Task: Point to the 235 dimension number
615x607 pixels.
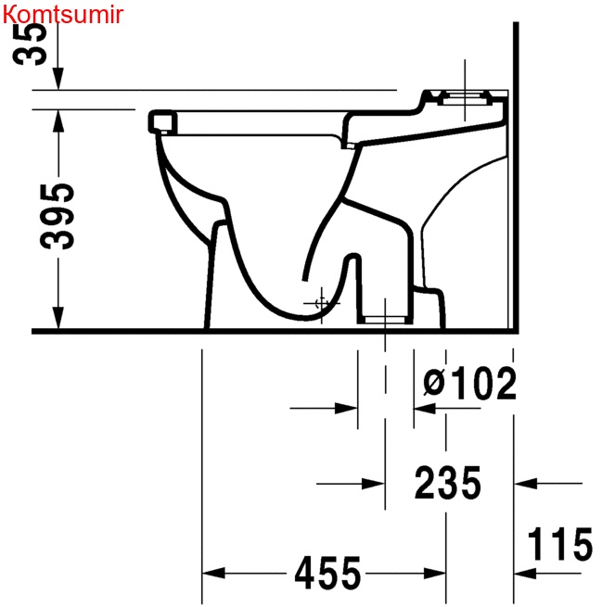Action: pyautogui.click(x=448, y=483)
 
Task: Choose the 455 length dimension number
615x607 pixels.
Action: pyautogui.click(x=327, y=575)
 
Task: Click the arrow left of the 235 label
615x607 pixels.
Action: pyautogui.click(x=372, y=483)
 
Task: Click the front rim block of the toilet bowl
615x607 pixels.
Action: pyautogui.click(x=162, y=120)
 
